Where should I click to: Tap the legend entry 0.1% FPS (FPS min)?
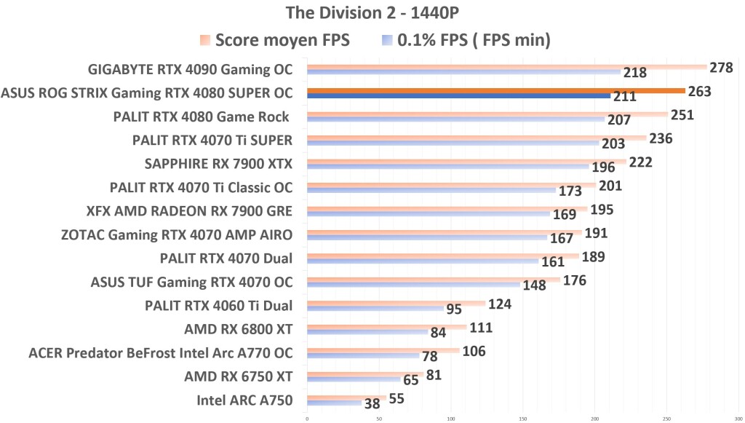[473, 40]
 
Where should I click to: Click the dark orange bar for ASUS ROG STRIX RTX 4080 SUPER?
[495, 91]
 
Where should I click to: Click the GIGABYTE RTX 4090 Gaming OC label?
[190, 70]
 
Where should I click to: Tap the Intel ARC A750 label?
[244, 400]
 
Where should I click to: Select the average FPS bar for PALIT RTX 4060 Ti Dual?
[396, 303]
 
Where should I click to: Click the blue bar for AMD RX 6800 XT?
[367, 332]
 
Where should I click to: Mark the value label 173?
[570, 191]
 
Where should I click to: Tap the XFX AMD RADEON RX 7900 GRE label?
[189, 211]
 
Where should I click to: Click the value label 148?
[534, 285]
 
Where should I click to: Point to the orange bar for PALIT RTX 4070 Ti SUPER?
[477, 138]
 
